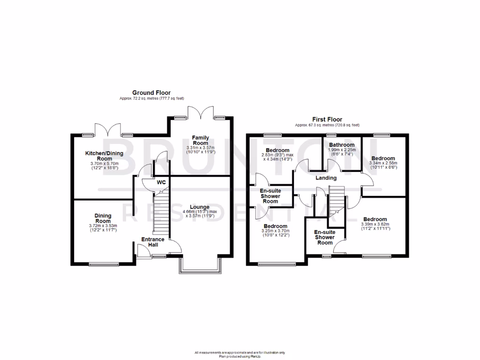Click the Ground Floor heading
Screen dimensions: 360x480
(x=151, y=93)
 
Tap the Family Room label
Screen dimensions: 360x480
(x=200, y=140)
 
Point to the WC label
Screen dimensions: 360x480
(x=161, y=182)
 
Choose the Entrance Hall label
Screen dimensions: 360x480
(x=153, y=242)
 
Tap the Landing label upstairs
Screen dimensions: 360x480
(x=326, y=178)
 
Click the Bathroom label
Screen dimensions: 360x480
(x=342, y=145)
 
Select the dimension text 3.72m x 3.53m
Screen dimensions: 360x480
(x=103, y=226)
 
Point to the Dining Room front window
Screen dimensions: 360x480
(x=103, y=264)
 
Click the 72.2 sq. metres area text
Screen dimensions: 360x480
(x=151, y=98)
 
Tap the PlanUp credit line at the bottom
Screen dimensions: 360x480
(x=240, y=356)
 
